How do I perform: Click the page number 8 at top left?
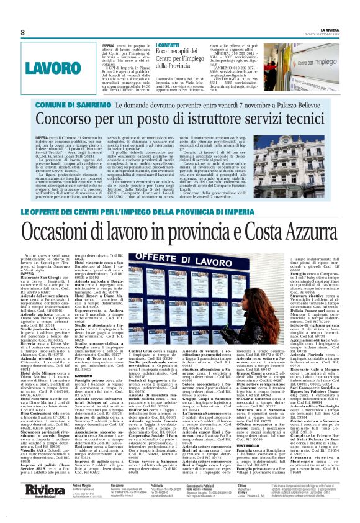click(x=22, y=32)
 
